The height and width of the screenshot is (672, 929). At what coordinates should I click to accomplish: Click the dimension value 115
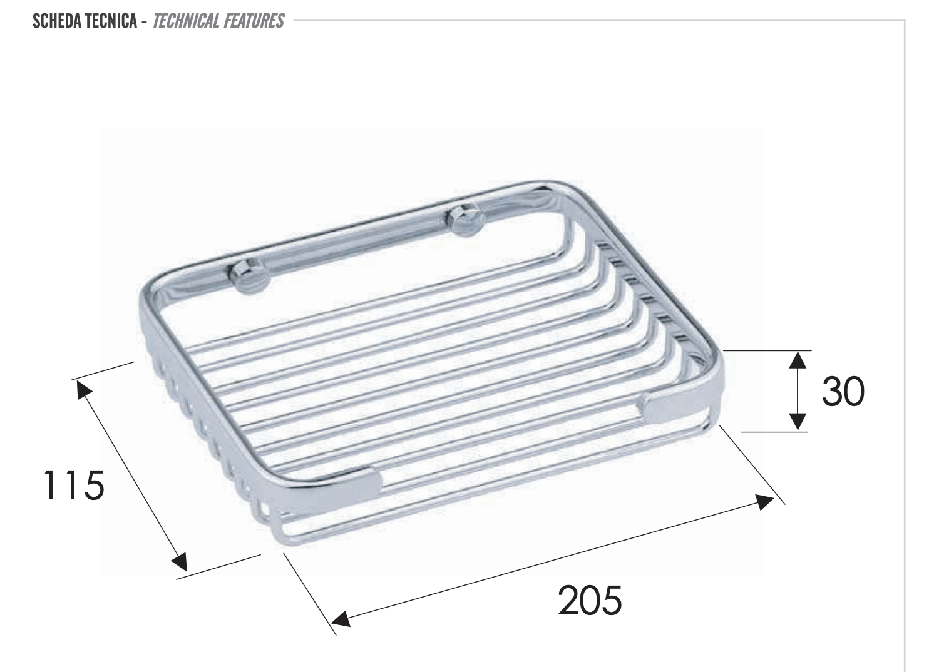[x=74, y=486]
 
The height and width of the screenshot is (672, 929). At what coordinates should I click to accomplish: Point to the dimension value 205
[x=590, y=600]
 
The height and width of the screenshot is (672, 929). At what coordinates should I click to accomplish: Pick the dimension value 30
[x=843, y=391]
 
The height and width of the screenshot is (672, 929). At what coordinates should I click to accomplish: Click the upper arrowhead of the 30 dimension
[x=798, y=360]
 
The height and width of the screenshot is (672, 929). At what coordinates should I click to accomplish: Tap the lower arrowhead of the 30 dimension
[x=798, y=422]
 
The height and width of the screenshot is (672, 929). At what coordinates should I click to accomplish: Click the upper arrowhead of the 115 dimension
[x=83, y=390]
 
